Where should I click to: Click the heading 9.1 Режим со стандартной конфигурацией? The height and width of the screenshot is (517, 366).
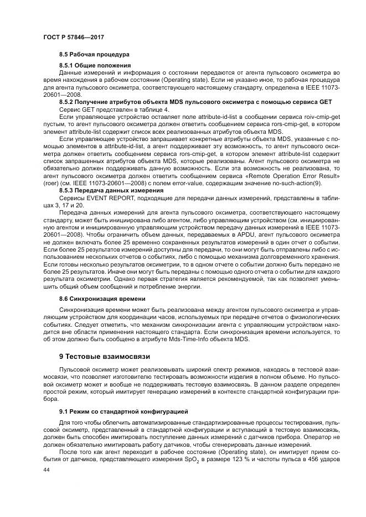pyautogui.click(x=123, y=412)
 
